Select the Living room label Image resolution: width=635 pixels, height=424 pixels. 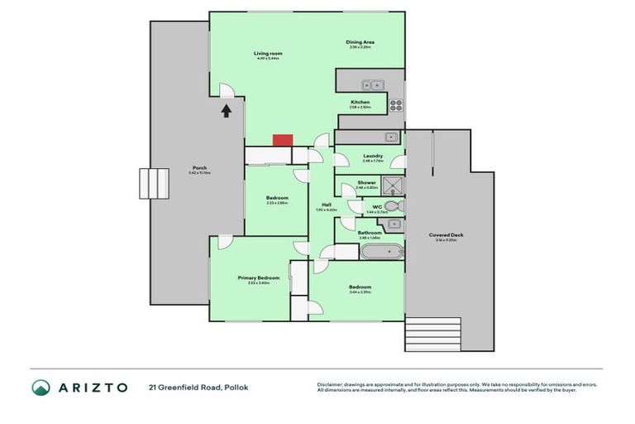(x=268, y=54)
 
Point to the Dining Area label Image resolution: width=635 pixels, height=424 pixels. (x=360, y=43)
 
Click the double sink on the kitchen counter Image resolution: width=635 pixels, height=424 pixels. (x=370, y=83)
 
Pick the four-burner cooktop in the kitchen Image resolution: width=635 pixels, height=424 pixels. (x=395, y=105)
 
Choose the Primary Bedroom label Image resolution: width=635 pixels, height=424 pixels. (x=259, y=277)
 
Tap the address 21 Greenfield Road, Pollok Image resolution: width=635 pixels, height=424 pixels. (x=198, y=388)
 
